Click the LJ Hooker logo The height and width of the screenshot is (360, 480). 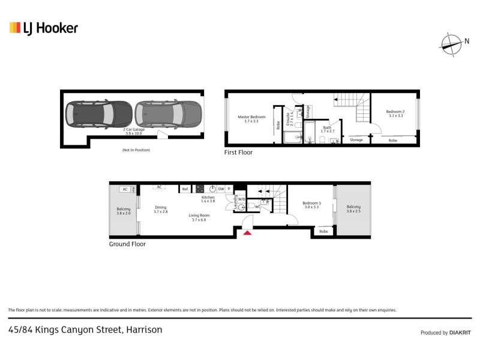click(43, 28)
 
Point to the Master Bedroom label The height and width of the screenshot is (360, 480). click(251, 119)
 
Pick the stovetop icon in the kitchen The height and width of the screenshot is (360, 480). click(200, 188)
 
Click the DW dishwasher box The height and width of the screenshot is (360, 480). click(221, 188)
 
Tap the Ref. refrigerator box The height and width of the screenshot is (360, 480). click(185, 189)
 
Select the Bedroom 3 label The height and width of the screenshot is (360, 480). click(311, 205)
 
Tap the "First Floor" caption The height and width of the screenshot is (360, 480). click(238, 152)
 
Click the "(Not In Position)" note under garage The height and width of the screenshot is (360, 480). click(136, 149)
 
